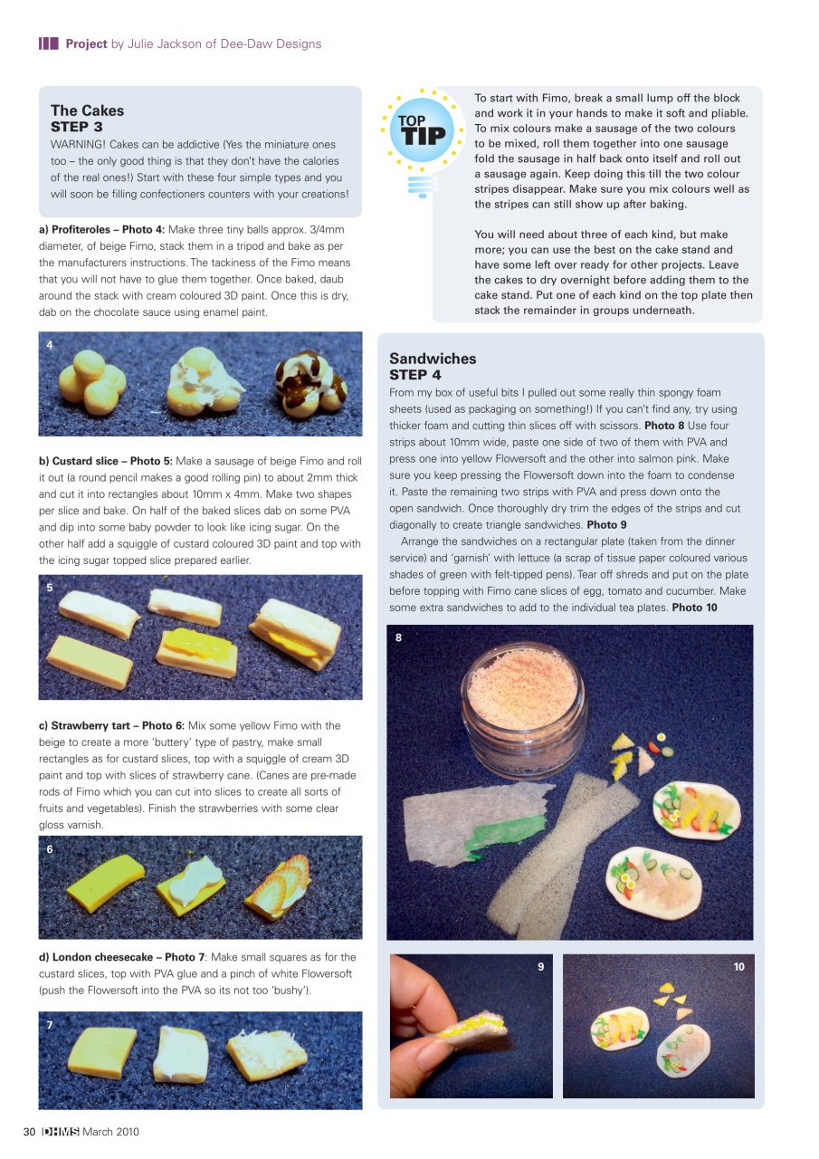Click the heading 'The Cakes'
[x=88, y=110]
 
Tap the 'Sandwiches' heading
[x=433, y=359]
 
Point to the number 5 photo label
[x=50, y=588]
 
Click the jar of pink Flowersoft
[x=519, y=698]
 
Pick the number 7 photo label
[x=50, y=1024]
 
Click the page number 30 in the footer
[x=29, y=1131]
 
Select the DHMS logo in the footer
[x=61, y=1131]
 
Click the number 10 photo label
[x=738, y=967]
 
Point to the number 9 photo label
[x=540, y=967]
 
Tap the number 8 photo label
[x=398, y=637]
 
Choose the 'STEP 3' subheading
[x=77, y=127]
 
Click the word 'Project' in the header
[x=86, y=43]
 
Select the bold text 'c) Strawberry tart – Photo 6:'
[x=112, y=725]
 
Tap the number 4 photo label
[x=50, y=345]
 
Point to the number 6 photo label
[x=50, y=849]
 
